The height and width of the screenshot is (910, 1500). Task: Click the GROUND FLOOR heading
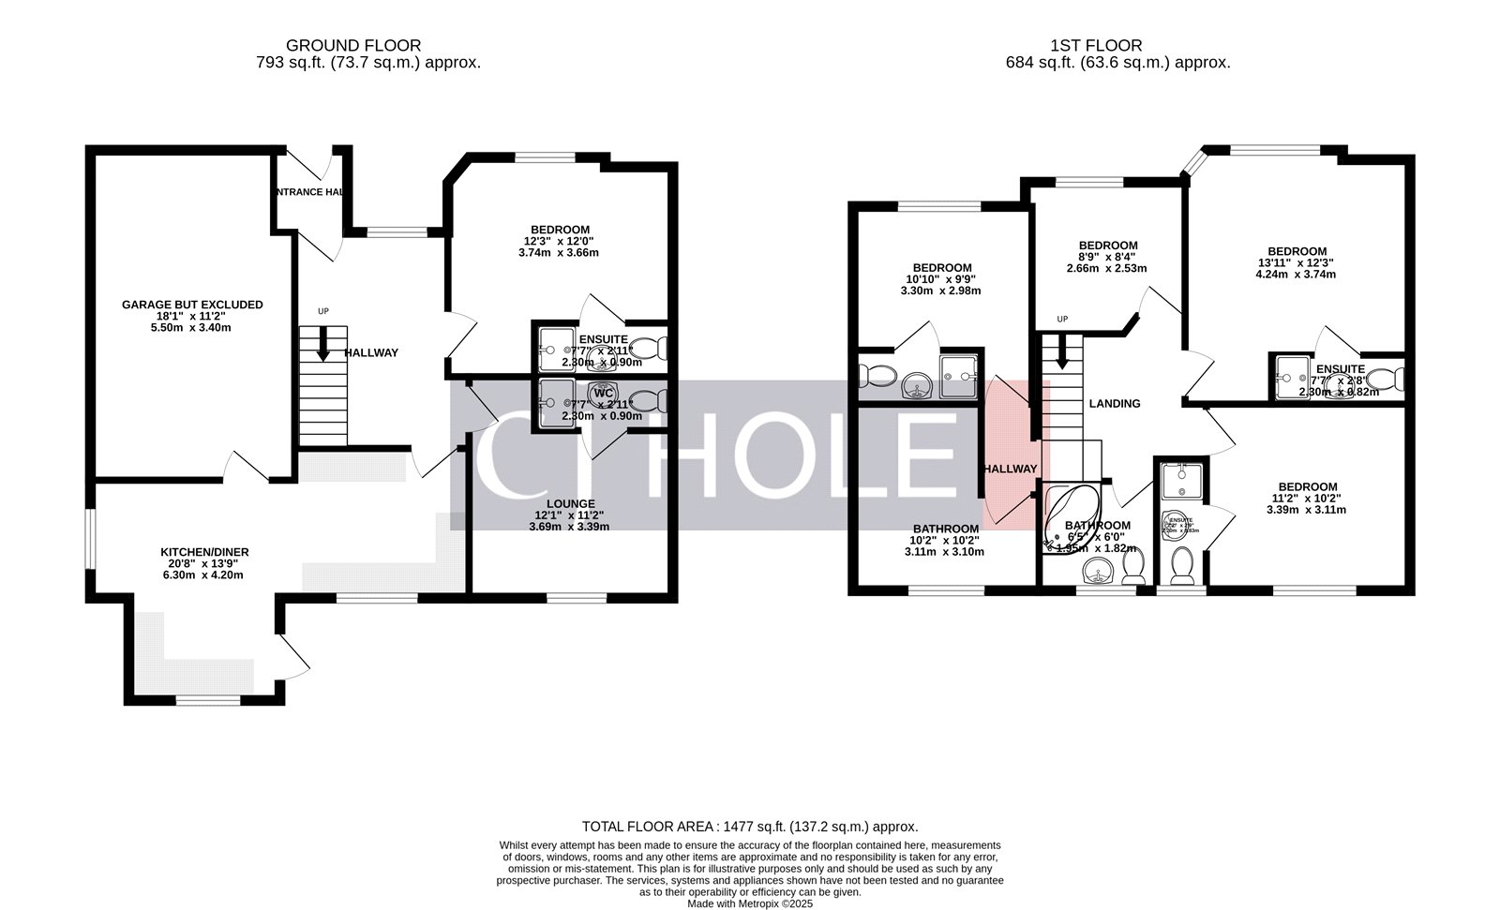(x=353, y=45)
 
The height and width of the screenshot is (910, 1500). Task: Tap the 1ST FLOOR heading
(x=1096, y=45)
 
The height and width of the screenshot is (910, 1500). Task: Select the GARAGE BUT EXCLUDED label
(x=192, y=305)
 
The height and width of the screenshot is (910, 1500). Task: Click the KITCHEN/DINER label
(x=204, y=552)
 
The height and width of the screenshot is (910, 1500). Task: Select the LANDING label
(x=1114, y=404)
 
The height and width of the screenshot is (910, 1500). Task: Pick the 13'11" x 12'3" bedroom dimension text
(x=1297, y=263)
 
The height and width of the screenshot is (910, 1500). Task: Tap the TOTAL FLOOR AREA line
(x=750, y=827)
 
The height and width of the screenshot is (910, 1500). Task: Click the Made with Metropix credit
(x=750, y=903)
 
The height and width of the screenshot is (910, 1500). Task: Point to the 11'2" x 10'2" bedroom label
(x=1307, y=499)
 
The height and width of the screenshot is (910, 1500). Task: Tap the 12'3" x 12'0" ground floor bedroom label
(x=560, y=241)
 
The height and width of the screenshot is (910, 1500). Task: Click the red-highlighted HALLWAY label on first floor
(x=1011, y=469)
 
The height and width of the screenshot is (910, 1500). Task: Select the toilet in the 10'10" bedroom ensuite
(x=877, y=376)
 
